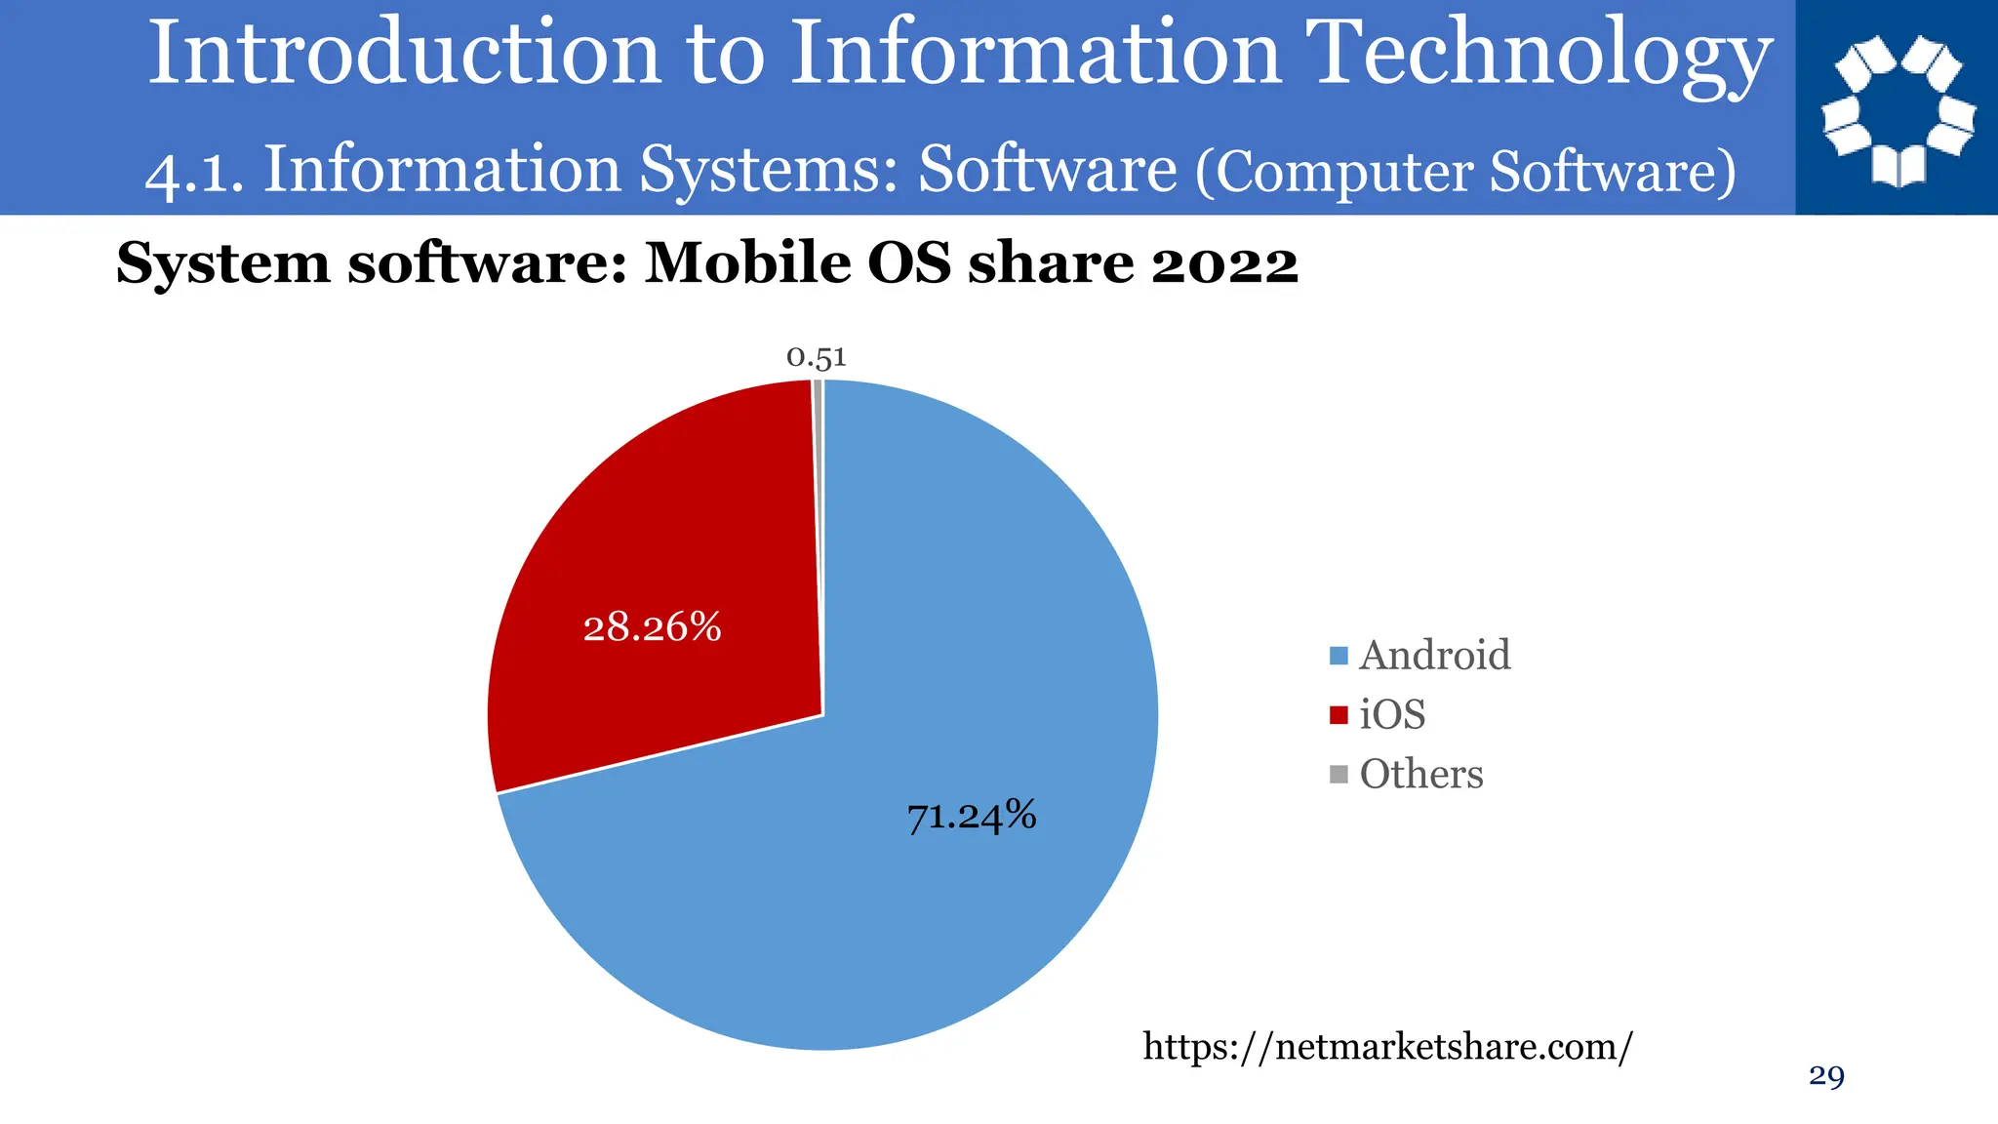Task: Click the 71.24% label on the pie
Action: coord(972,816)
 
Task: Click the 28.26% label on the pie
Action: coord(652,627)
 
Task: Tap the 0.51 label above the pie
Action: coord(817,358)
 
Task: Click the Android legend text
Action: coord(1434,656)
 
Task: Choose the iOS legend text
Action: coord(1392,715)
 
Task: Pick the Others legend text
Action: coord(1420,775)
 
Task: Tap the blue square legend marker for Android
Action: coord(1339,657)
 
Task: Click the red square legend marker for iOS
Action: coord(1339,715)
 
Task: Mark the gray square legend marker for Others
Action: coord(1339,775)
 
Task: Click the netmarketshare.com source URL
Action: coord(1387,1047)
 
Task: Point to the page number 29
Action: coord(1826,1076)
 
